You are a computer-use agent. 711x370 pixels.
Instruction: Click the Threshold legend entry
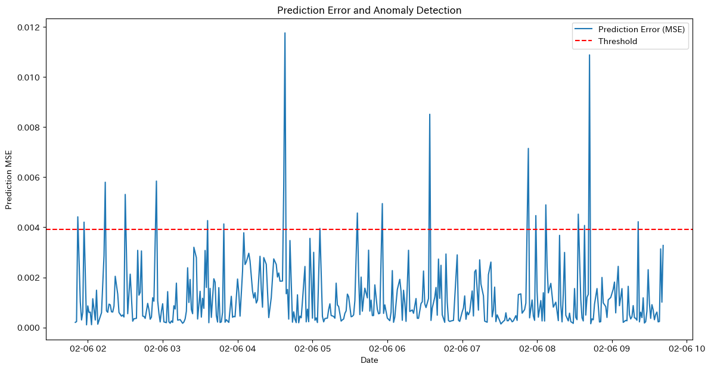pos(617,41)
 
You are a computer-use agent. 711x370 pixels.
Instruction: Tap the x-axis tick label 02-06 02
pos(88,348)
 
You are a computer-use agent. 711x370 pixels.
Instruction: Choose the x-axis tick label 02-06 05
pos(312,348)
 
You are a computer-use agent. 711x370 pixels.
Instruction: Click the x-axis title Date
pos(370,360)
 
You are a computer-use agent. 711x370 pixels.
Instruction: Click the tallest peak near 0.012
pos(285,33)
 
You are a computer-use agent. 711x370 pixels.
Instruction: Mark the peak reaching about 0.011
pos(589,55)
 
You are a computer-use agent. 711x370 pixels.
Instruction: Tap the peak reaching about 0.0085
pos(430,115)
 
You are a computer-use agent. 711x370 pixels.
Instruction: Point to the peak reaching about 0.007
pos(528,149)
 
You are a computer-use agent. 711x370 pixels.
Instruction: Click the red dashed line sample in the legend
pos(584,41)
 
